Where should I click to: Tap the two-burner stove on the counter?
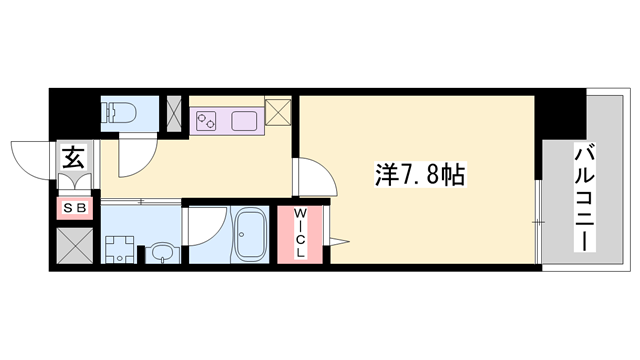click(x=209, y=121)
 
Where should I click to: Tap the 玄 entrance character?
click(x=74, y=157)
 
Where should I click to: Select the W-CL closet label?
click(x=299, y=236)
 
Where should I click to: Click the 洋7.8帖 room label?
click(x=419, y=176)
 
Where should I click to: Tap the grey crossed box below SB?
click(x=74, y=244)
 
